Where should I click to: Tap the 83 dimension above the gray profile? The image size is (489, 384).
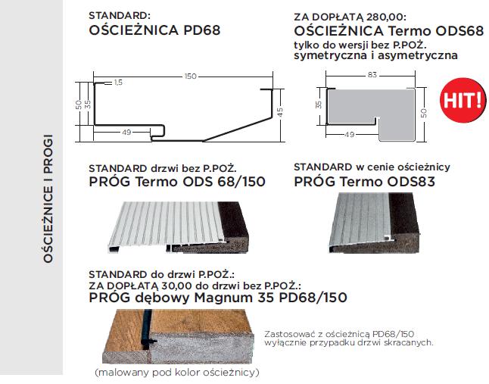pyautogui.click(x=371, y=74)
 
